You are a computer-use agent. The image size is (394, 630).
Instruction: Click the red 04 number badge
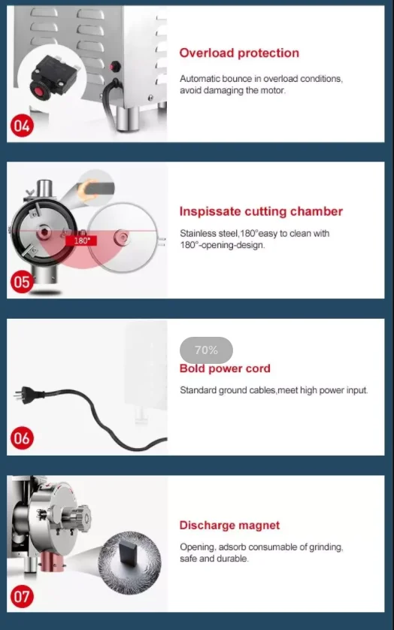22,126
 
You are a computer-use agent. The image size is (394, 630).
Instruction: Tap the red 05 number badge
22,282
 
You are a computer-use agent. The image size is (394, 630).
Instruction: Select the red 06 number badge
22,438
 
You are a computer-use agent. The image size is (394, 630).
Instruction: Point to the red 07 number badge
22,596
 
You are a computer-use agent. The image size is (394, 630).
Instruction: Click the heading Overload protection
239,53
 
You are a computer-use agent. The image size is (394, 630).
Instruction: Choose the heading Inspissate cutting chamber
261,211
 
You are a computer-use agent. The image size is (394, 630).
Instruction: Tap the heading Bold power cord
225,368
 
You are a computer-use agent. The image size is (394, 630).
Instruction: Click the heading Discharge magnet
229,526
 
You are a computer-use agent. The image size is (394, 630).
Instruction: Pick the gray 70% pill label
206,350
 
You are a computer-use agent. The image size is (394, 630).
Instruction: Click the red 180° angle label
82,241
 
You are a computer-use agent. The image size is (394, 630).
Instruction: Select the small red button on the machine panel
115,66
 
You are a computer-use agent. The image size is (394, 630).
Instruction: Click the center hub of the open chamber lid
121,236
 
